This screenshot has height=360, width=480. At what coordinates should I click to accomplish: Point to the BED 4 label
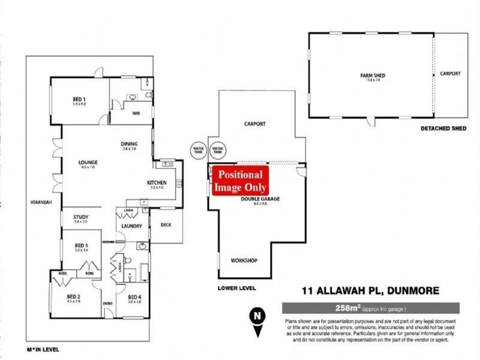pos(134,296)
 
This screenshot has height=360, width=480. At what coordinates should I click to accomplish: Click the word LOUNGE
pos(88,162)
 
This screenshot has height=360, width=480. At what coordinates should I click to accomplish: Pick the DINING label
pos(130,143)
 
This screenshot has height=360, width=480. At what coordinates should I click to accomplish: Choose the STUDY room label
pos(81,217)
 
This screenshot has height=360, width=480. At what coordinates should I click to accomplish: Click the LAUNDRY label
pos(131,226)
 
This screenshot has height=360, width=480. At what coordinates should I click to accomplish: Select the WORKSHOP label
pos(244,260)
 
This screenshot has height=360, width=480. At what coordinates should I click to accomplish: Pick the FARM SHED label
pos(373,75)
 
